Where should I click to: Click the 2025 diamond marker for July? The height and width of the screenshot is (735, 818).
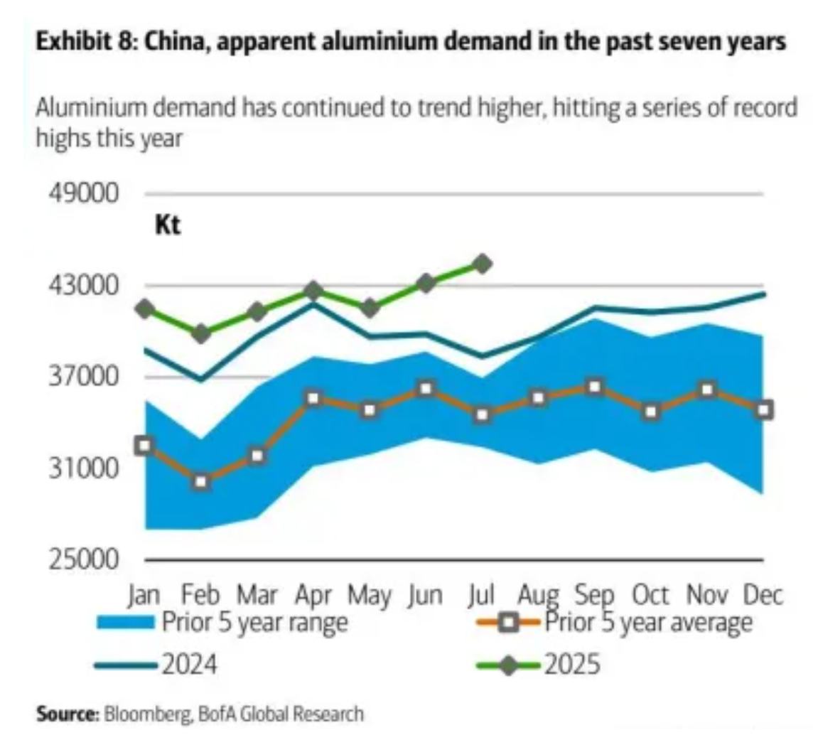(x=483, y=264)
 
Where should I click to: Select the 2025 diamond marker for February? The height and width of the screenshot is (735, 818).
(x=201, y=333)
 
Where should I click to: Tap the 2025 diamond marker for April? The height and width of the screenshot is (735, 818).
(x=313, y=290)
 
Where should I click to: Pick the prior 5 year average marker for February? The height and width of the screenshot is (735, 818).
(x=201, y=482)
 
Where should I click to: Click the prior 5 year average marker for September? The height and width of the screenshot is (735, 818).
(x=595, y=387)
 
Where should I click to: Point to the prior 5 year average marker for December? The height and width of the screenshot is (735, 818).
(x=764, y=409)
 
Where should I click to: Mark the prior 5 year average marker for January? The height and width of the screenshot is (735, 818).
(x=145, y=445)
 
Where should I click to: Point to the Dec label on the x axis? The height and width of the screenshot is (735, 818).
(x=763, y=595)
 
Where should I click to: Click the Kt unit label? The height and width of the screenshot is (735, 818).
(x=168, y=226)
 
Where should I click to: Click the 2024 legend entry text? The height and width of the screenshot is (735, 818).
(x=189, y=665)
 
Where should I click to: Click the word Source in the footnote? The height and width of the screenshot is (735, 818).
(x=68, y=714)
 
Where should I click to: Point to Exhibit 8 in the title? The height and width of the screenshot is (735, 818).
(x=82, y=42)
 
